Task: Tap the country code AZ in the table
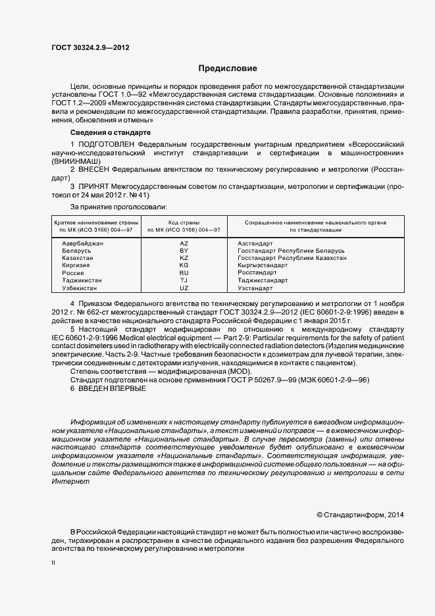184,244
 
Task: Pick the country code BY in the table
184,251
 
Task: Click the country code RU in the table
184,273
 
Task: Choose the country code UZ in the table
184,288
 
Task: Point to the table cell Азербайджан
83,244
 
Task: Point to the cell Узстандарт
255,288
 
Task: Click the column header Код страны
184,223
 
